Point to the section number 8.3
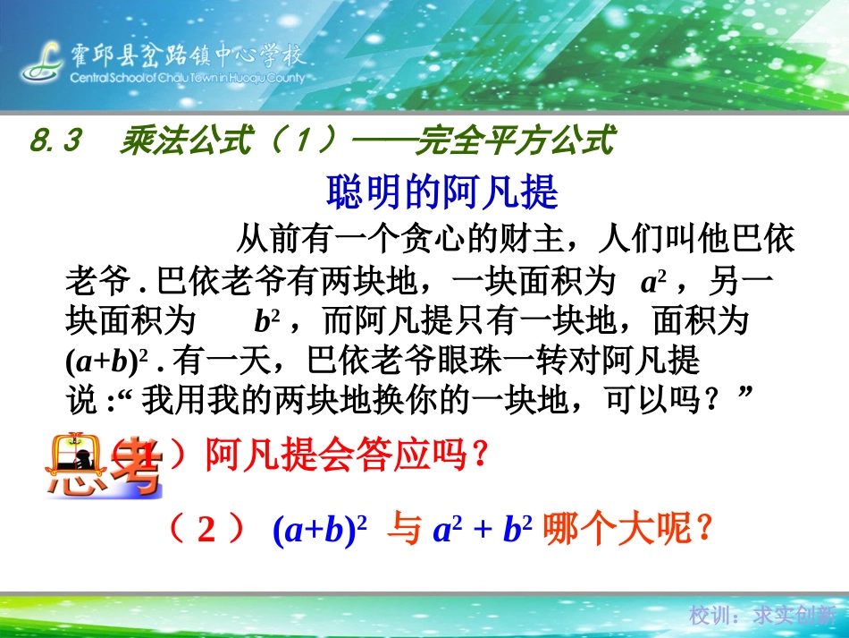(55, 140)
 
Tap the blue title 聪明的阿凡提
(442, 191)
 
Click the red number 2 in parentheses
(206, 532)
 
